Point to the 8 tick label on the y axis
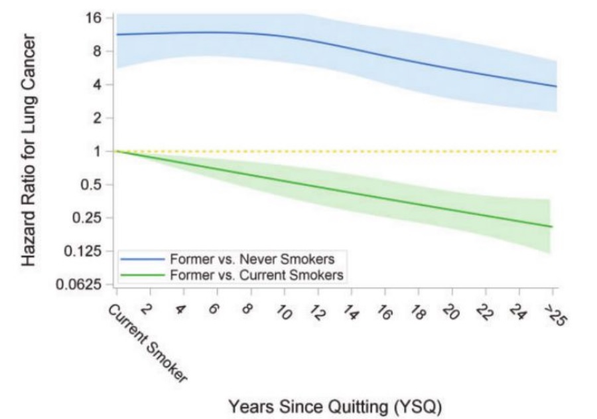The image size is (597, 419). pos(98,51)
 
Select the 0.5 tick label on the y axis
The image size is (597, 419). pos(92,185)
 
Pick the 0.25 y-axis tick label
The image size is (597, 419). pos(88,218)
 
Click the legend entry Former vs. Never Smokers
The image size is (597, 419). pos(252,258)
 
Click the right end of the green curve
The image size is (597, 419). pos(552,227)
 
